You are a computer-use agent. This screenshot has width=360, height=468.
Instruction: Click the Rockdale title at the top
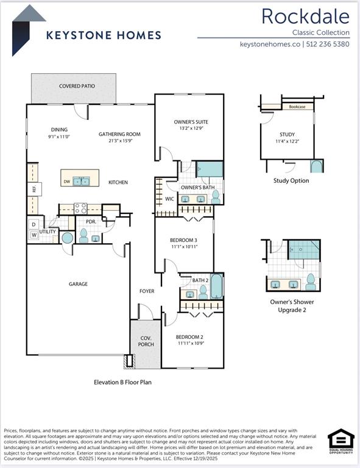pos(305,16)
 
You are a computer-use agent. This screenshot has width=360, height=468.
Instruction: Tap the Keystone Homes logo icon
pos(28,29)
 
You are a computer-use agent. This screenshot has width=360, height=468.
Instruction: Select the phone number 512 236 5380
pos(328,44)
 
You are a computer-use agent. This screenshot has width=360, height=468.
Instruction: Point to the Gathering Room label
pos(119,134)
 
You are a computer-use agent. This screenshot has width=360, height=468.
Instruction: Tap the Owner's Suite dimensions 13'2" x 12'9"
pos(191,129)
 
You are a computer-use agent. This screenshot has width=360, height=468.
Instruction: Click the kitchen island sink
pos(81,181)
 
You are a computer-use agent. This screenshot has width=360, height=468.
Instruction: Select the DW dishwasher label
pos(66,182)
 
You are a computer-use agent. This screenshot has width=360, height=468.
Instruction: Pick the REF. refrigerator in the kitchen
pos(34,189)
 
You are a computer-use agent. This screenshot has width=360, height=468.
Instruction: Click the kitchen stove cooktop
pos(80,208)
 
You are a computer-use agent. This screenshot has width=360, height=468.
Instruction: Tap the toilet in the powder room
pos(84,236)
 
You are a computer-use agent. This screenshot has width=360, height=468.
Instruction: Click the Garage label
pos(78,284)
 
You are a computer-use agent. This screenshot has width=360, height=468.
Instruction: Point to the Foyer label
pos(146,291)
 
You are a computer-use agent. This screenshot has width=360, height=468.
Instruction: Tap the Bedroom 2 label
pos(189,336)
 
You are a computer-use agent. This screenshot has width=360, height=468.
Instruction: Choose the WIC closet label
pos(170,199)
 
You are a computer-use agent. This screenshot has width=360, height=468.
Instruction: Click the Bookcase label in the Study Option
pos(297,107)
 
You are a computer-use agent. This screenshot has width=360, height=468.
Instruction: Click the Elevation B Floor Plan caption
pos(122,383)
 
